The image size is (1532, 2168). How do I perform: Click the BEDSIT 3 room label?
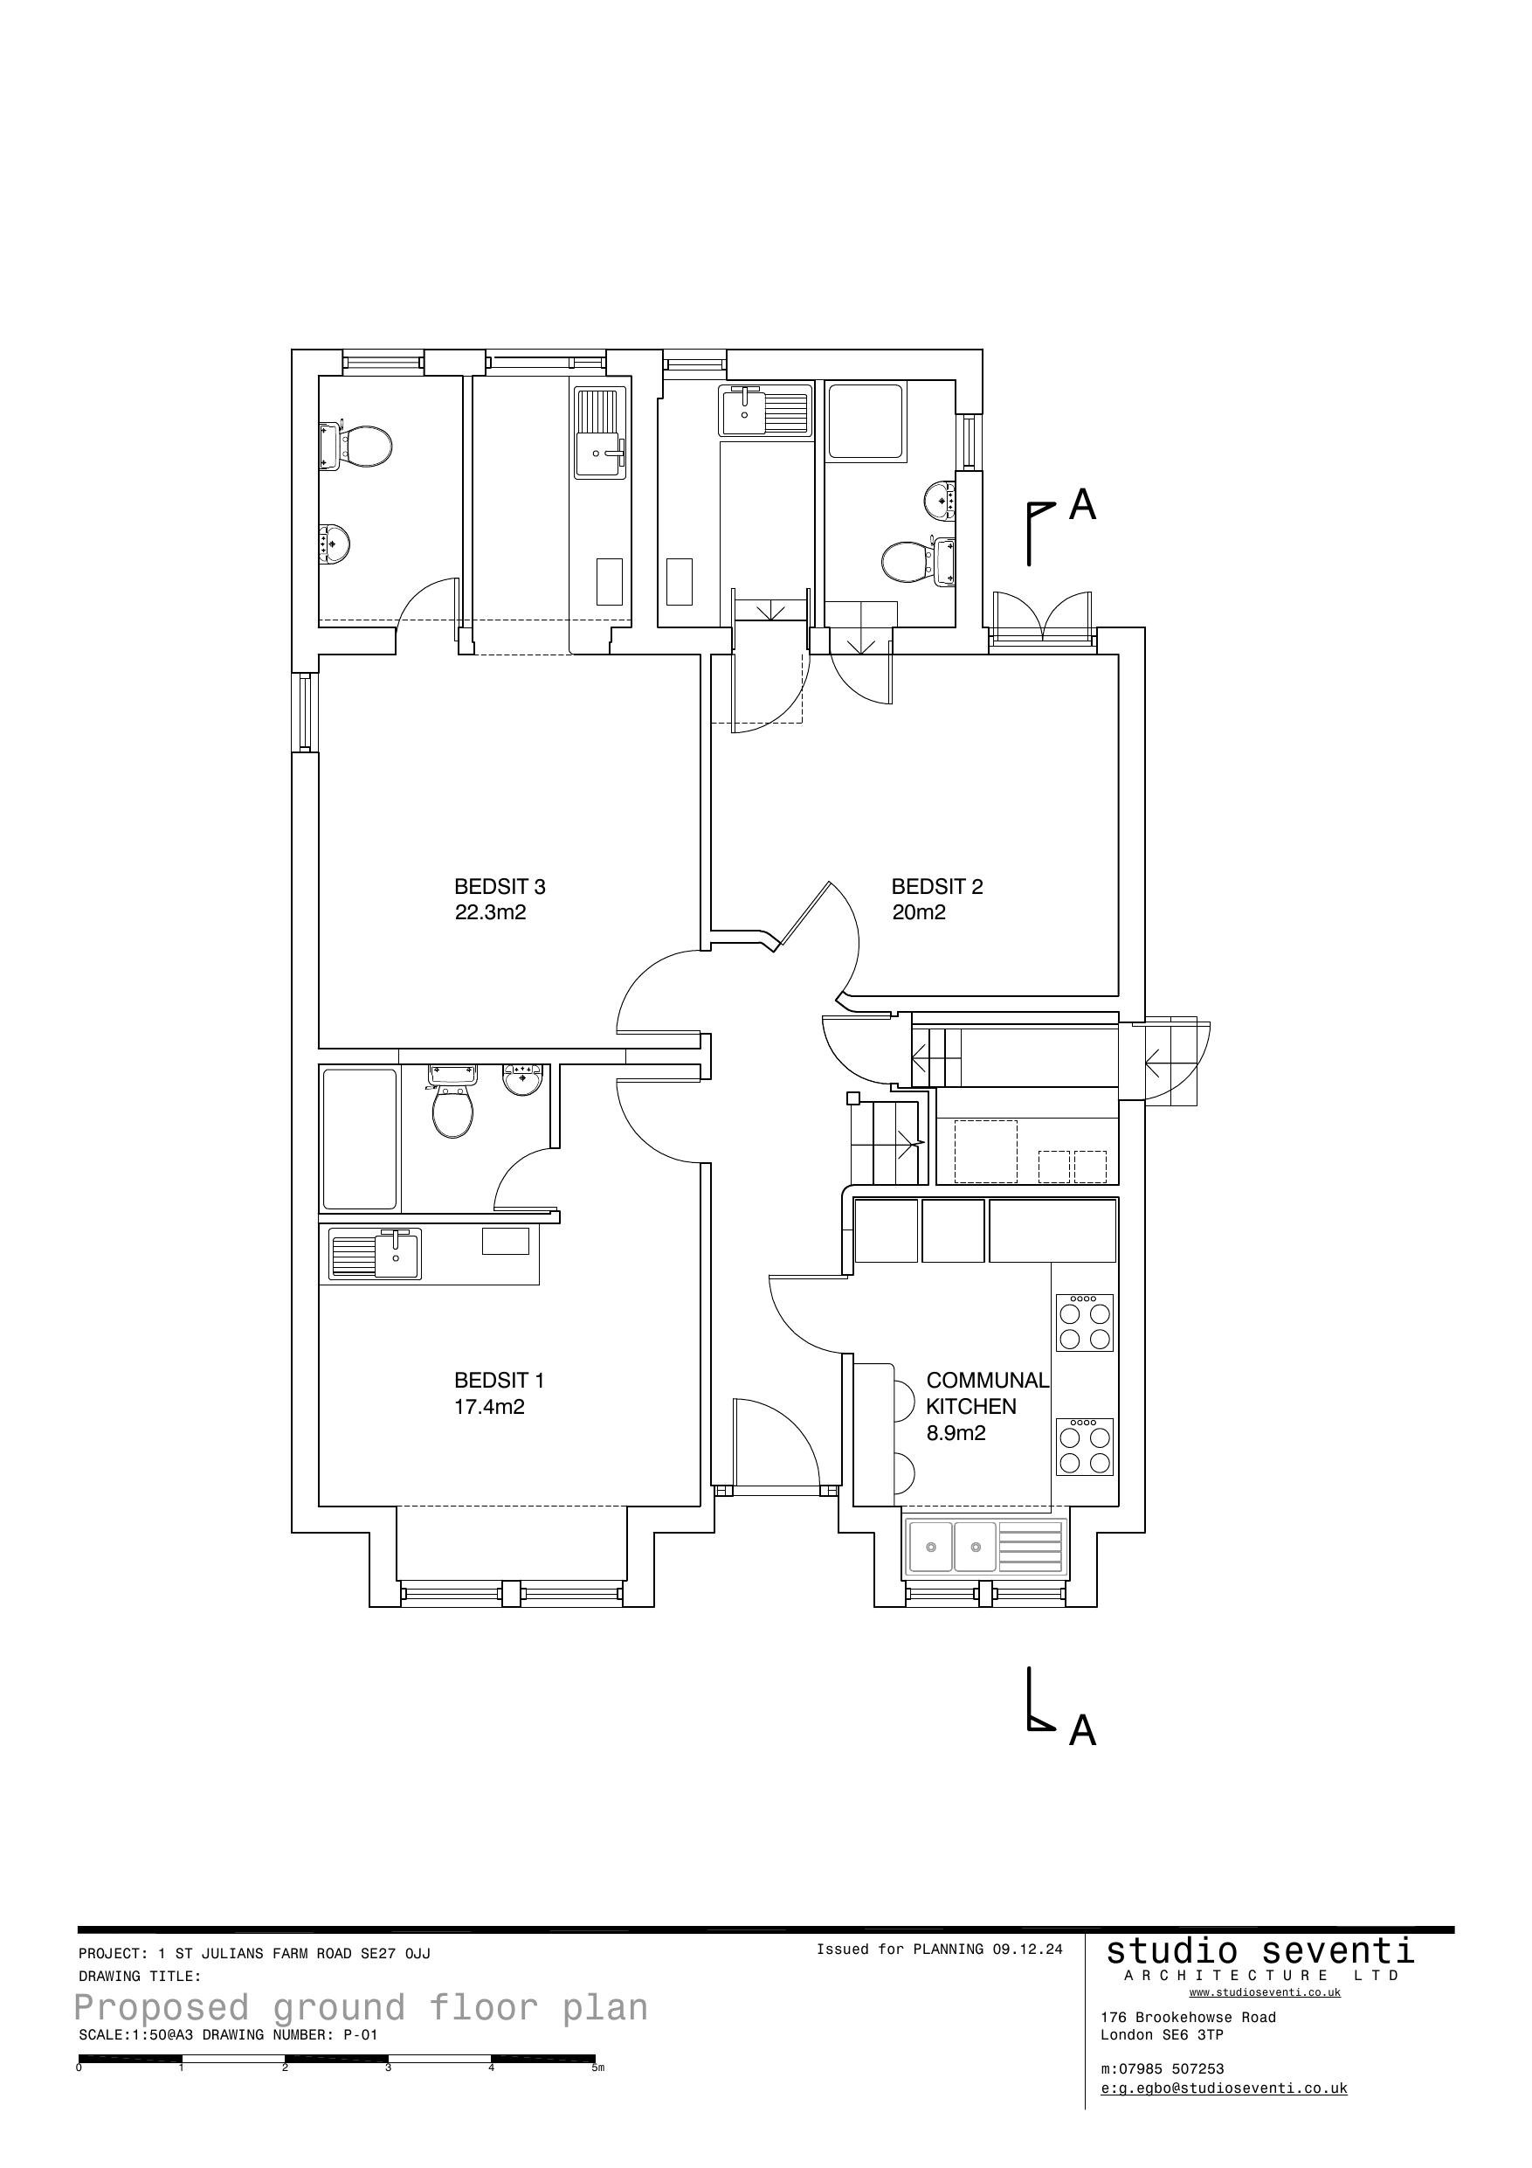500,887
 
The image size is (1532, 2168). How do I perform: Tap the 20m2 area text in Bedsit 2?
919,912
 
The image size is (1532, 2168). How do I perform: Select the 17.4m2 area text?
489,1407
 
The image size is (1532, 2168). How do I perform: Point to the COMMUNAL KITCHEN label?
986,1394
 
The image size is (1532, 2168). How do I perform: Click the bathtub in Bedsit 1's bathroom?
360,1139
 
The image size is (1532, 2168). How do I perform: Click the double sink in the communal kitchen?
951,1547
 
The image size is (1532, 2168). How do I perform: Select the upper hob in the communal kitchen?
1084,1323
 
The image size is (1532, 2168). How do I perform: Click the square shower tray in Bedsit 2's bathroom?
865,420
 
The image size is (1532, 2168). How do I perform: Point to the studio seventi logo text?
1259,1949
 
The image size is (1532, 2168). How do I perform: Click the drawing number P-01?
360,2035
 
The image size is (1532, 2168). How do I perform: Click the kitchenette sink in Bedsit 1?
397,1254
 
